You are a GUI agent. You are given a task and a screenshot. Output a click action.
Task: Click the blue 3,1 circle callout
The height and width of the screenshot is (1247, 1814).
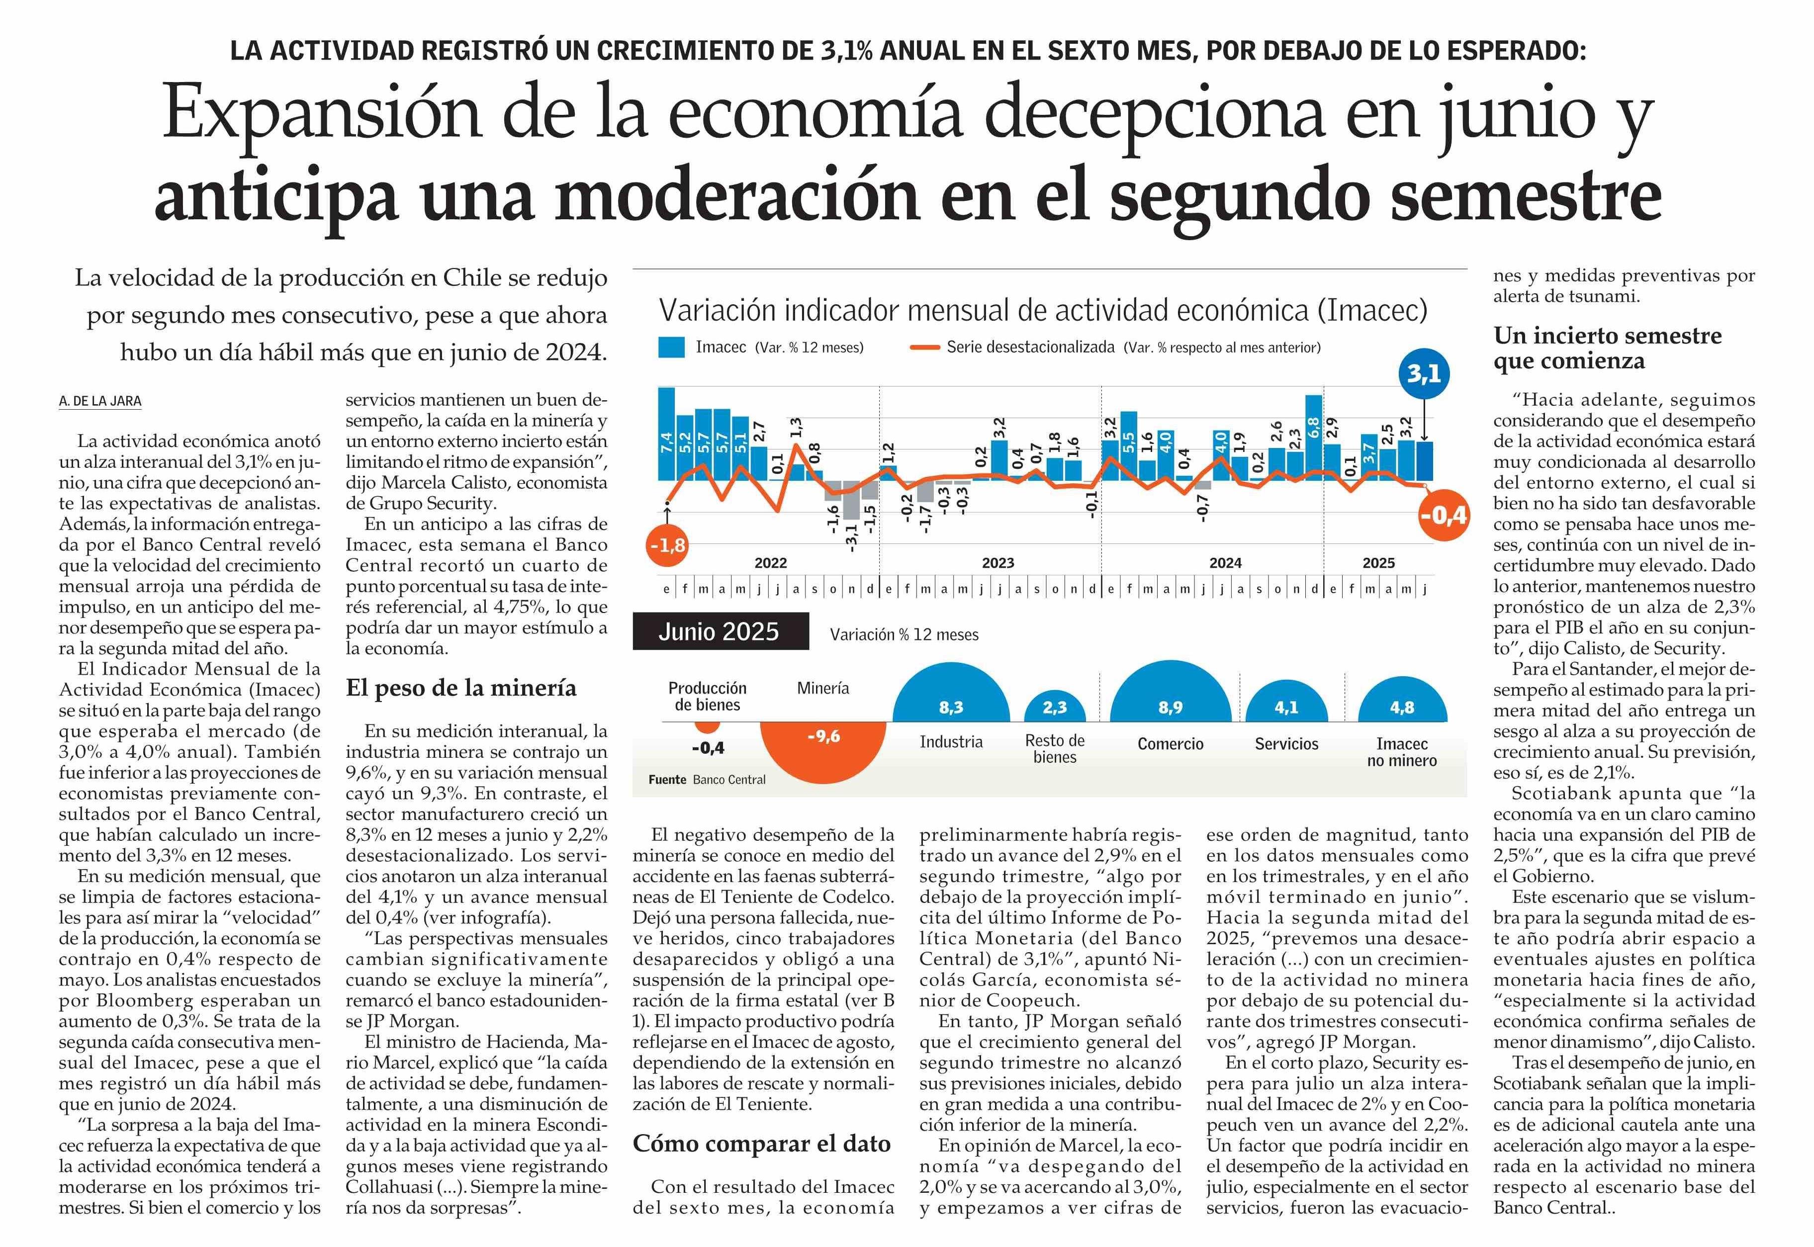[1423, 374]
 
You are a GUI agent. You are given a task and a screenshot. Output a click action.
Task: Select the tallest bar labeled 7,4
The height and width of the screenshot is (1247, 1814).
[666, 434]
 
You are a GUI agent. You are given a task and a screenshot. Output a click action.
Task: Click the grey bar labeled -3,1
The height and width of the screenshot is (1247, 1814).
[851, 500]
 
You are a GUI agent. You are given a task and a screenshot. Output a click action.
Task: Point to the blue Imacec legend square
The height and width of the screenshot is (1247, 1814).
[671, 347]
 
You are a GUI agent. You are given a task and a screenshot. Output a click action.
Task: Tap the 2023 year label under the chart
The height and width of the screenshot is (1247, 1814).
[998, 562]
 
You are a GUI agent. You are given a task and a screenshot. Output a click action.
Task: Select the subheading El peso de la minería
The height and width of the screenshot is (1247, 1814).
[461, 688]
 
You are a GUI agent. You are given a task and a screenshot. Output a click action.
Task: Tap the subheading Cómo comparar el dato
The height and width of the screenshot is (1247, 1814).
[762, 1144]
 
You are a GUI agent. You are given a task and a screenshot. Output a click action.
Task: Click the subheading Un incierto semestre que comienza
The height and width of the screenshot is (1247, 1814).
[1608, 348]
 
